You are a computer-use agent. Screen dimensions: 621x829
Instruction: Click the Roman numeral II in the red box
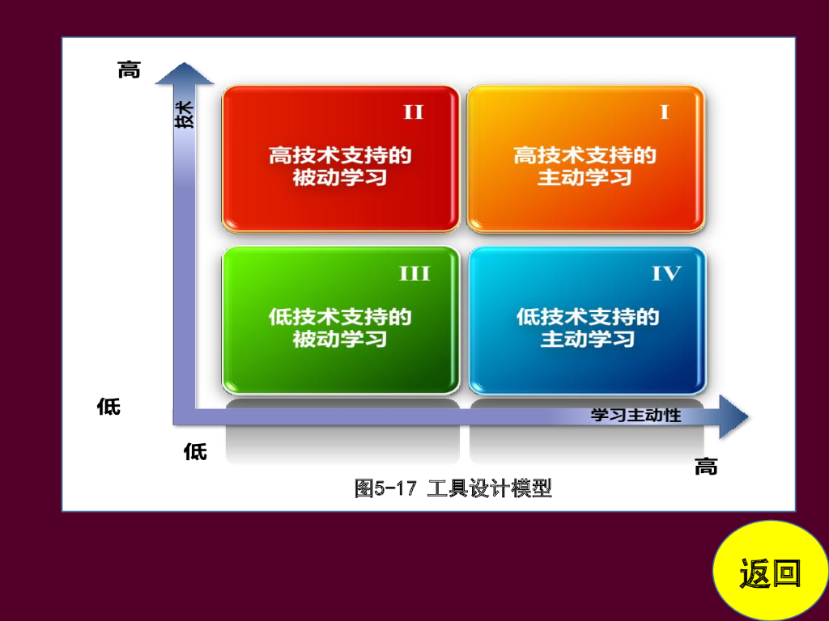click(x=414, y=112)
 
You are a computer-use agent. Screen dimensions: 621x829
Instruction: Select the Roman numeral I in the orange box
click(x=664, y=112)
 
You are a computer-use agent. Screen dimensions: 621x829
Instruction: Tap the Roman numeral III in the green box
click(x=414, y=274)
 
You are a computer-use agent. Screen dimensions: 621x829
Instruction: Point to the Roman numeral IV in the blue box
click(x=666, y=274)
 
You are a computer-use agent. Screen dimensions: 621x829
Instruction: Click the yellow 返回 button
click(x=770, y=572)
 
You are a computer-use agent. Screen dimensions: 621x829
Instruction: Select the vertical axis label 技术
click(x=185, y=114)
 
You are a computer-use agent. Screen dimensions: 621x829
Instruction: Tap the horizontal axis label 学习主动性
click(x=636, y=416)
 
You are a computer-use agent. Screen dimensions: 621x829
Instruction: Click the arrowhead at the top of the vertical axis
click(x=185, y=74)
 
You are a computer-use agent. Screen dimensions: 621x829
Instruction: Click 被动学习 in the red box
click(x=340, y=177)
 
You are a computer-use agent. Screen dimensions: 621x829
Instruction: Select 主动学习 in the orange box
click(x=585, y=177)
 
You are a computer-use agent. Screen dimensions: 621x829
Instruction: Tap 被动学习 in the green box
click(x=340, y=339)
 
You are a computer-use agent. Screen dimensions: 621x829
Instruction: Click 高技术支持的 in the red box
click(x=340, y=154)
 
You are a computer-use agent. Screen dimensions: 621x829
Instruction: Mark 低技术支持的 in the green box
click(x=340, y=316)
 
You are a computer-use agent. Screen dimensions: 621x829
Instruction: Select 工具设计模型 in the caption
click(x=489, y=488)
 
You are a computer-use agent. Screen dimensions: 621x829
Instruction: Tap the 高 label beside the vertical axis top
click(x=129, y=70)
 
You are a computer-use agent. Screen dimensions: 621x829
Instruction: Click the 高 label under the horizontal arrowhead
click(x=706, y=467)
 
